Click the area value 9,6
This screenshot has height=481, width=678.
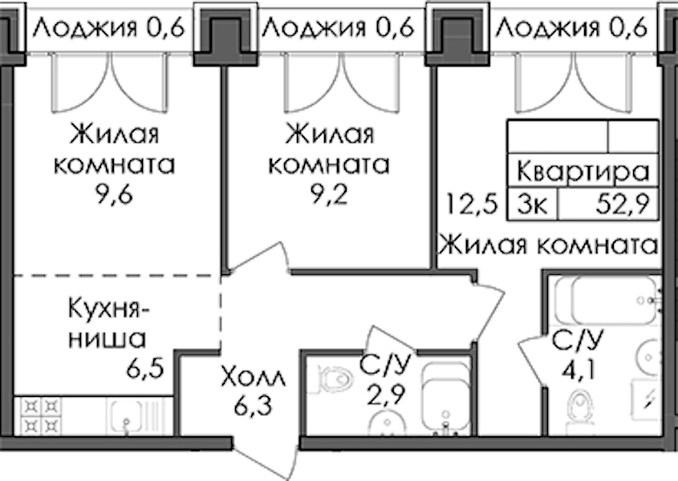(114, 196)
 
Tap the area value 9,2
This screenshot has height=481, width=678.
(329, 196)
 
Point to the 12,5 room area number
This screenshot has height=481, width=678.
(472, 204)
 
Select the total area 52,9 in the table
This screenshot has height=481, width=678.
(623, 204)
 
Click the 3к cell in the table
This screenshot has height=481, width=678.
(533, 204)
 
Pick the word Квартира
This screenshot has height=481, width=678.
(583, 172)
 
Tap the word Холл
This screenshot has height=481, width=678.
(253, 377)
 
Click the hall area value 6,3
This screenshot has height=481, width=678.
(253, 406)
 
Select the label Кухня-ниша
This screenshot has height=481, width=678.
(108, 324)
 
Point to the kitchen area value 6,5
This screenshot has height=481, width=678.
(145, 369)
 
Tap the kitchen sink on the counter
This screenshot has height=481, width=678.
(125, 416)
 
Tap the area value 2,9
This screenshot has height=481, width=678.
(385, 394)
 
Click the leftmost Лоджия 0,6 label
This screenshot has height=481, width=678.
(109, 28)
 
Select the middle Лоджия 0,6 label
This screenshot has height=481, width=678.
(338, 28)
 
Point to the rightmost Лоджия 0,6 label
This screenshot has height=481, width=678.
(571, 28)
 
